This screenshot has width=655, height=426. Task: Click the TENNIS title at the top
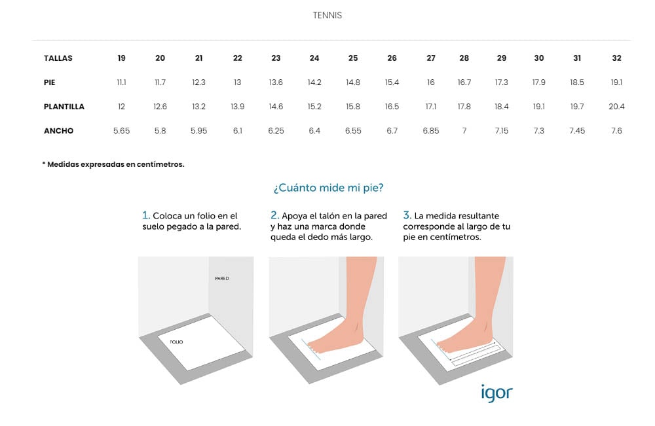pos(327,16)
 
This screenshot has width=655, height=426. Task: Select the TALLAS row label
pos(58,58)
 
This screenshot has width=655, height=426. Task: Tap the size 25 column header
pos(353,58)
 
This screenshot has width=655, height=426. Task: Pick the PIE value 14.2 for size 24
pos(314,82)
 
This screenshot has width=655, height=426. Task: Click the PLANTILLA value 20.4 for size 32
pos(616,107)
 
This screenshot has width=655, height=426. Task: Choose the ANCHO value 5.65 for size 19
pos(122,131)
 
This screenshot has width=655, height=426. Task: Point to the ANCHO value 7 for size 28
pos(464,131)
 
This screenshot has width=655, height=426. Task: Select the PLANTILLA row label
pos(64,107)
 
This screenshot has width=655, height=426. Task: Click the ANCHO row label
pos(58,131)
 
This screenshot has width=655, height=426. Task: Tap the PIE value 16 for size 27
pos(431,82)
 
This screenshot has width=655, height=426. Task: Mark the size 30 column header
pos(539,58)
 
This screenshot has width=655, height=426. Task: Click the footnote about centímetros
pos(113,164)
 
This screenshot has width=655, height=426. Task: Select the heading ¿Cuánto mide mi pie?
pos(328,188)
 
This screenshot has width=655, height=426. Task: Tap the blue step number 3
pos(407,215)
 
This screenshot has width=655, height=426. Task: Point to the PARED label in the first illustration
pos(222,278)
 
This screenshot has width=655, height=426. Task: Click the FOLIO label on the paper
pos(176,342)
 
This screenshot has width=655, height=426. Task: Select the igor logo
pos(496,392)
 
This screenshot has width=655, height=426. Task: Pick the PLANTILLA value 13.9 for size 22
pos(237,107)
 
